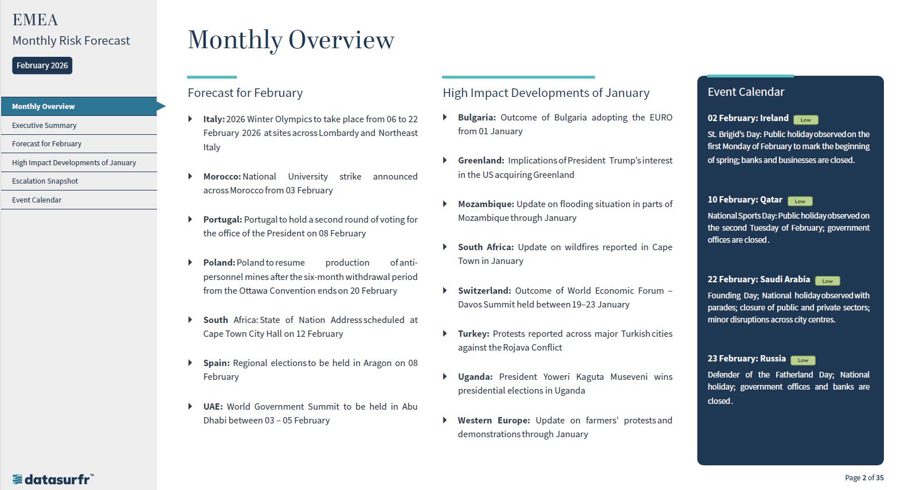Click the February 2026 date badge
(42, 65)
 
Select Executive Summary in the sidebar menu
(44, 125)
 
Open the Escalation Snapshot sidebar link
(45, 181)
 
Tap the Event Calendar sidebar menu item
(37, 200)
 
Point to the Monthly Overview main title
(291, 40)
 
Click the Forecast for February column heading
(245, 93)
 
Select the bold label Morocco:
(222, 176)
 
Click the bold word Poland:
(219, 262)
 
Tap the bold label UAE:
(213, 406)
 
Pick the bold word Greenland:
(481, 161)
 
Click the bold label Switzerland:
(484, 290)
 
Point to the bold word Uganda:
(475, 376)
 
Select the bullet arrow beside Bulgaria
(445, 118)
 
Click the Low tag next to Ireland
(805, 120)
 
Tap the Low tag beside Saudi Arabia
(827, 281)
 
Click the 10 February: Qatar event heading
(745, 200)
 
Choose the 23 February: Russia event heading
(746, 359)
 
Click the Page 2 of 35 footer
(864, 477)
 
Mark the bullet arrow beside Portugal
(190, 219)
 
